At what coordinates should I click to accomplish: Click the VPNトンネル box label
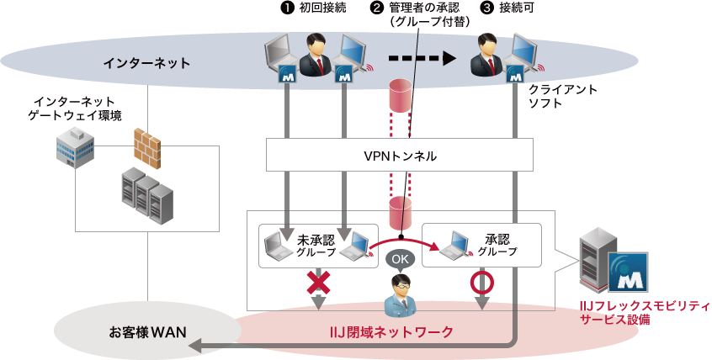point(400,156)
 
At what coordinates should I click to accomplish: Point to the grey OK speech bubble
point(401,259)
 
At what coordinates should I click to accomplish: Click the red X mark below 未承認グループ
point(317,283)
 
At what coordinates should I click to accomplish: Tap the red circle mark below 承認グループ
point(481,283)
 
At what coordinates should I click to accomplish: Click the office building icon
point(75,147)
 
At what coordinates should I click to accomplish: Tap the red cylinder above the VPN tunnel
point(400,97)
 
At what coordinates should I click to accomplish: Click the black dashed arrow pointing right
point(421,59)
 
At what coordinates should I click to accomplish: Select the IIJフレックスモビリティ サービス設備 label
point(645,312)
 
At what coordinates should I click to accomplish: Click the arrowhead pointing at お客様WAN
point(195,346)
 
